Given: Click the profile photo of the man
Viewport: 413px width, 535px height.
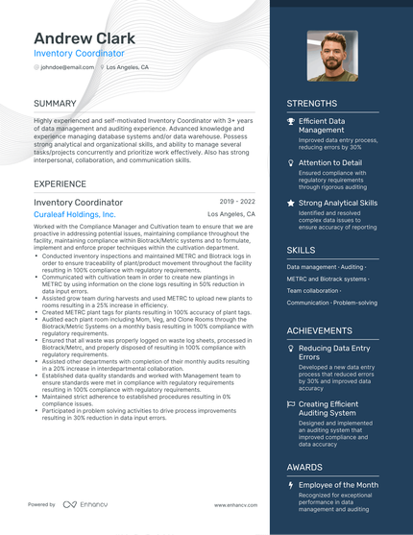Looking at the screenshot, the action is (331, 56).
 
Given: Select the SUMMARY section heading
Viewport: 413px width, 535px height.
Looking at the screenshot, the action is (56, 103).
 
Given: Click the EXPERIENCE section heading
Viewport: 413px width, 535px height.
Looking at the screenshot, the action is (61, 183).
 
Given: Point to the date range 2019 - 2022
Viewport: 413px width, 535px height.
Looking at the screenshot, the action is (237, 202).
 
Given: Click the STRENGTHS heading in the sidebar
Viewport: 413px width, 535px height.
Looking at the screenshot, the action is (311, 104).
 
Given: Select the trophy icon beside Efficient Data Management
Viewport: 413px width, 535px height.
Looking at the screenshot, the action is (291, 122).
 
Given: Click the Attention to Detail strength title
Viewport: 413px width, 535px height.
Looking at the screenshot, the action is (330, 163).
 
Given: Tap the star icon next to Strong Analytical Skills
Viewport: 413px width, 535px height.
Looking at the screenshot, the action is (291, 204).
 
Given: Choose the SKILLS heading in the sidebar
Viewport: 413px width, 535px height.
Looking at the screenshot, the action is (301, 250).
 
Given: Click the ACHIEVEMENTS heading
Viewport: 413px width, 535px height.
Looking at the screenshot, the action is (319, 330).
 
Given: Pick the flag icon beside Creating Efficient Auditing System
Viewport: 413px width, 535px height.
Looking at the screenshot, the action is (291, 405).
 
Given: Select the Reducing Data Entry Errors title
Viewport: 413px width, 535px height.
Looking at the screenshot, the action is (335, 353).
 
